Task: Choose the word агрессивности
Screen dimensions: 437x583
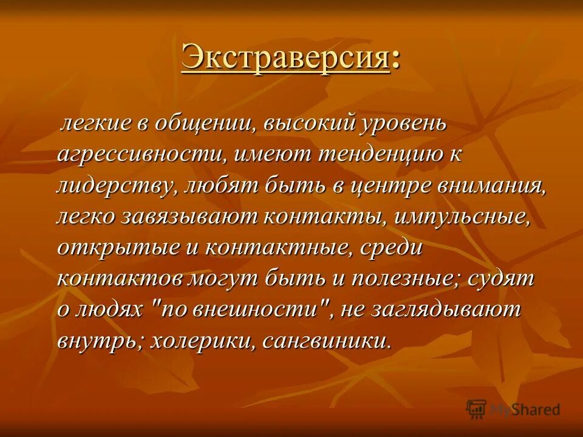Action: (x=141, y=154)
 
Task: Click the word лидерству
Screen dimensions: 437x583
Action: (x=114, y=185)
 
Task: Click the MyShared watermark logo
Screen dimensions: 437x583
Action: (x=513, y=408)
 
